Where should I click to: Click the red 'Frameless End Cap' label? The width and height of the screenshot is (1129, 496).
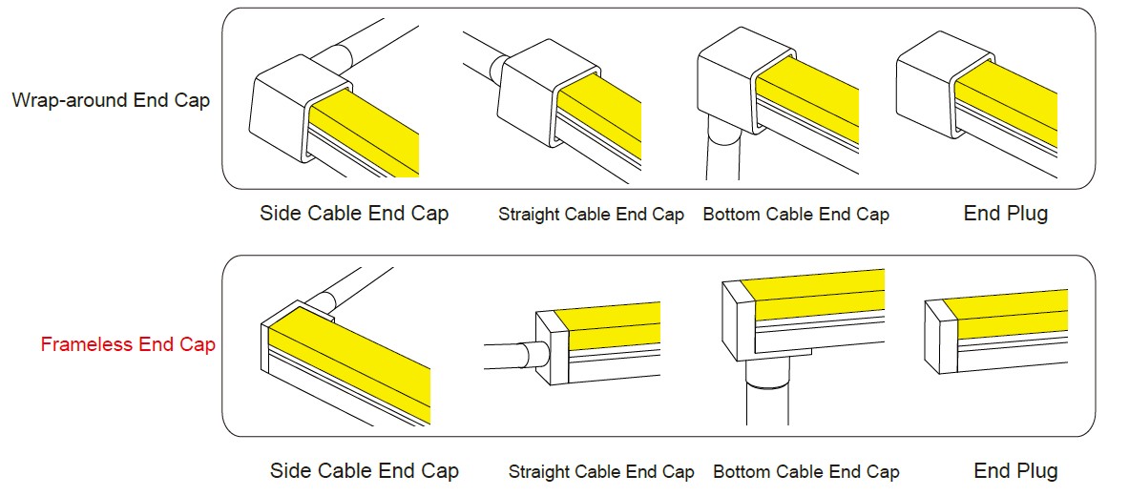128,344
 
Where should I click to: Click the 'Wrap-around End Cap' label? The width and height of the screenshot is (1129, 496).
111,99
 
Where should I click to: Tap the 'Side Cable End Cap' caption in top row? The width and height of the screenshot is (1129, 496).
354,213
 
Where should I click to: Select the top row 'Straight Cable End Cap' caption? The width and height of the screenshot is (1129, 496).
591,215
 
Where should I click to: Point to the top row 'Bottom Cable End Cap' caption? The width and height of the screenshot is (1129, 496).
796,215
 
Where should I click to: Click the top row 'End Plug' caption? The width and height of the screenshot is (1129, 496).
1006,213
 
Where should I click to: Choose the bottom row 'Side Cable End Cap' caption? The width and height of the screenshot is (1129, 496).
365,471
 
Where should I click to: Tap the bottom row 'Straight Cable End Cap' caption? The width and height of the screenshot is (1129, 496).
601,472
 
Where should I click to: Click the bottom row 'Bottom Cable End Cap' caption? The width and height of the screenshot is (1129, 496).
806,472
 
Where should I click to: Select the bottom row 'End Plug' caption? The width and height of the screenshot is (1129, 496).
1016,471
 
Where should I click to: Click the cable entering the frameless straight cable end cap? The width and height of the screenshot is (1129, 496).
514,356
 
